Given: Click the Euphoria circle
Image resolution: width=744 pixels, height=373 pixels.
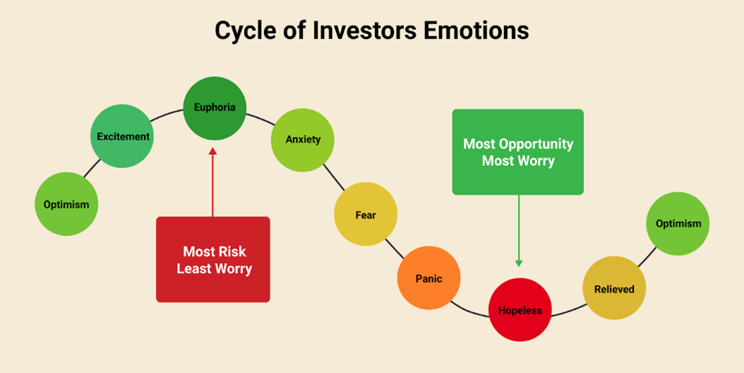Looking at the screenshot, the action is [215, 108].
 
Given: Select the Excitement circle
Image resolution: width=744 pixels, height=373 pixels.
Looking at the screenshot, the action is [122, 136].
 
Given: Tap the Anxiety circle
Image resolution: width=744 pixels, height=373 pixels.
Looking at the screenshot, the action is [303, 140].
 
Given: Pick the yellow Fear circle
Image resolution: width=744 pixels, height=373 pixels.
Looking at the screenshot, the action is [366, 214].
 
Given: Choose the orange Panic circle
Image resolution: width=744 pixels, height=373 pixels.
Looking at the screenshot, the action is [429, 278].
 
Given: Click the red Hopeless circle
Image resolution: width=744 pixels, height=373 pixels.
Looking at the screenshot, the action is [520, 310].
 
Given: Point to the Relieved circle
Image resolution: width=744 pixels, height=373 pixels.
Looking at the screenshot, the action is [614, 288].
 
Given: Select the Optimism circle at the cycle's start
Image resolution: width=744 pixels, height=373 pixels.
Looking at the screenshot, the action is [66, 204].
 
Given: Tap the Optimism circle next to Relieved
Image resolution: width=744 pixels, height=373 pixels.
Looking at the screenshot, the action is [678, 223].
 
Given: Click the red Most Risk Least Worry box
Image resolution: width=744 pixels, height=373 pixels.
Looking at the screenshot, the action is [213, 259].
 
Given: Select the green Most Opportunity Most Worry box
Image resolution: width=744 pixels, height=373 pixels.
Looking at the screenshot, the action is [518, 152].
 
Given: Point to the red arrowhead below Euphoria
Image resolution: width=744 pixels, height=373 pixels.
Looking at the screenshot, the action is [212, 151].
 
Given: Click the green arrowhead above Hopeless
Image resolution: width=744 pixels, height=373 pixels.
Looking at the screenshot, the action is [519, 263].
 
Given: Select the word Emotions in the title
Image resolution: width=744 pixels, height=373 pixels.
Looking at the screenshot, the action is [476, 31].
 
